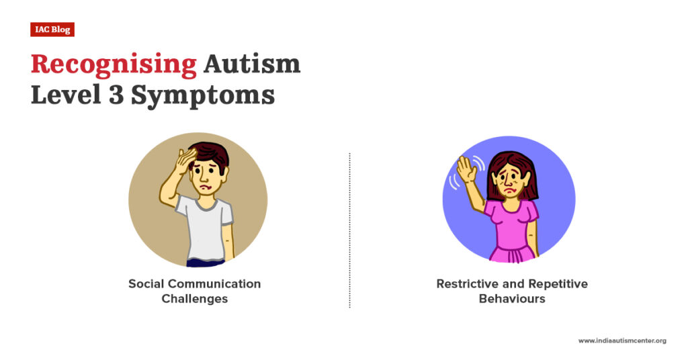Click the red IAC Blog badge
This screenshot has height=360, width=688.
tap(52, 30)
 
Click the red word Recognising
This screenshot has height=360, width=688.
tap(114, 64)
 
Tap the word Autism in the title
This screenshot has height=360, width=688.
tap(252, 64)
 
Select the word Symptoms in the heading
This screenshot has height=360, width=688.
tap(202, 96)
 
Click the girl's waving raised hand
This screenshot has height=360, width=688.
tap(466, 170)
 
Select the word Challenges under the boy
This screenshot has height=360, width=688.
tap(194, 299)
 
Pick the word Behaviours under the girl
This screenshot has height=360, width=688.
tap(511, 299)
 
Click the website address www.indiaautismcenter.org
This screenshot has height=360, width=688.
tap(621, 341)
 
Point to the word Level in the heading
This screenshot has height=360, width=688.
tap(64, 95)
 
